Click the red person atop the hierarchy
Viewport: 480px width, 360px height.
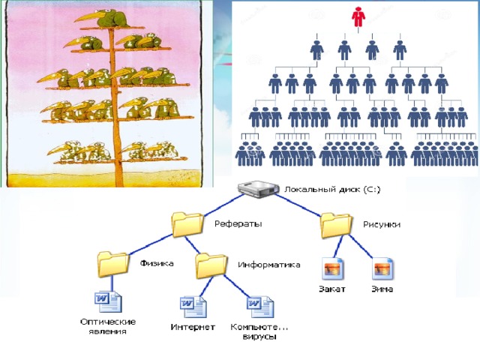pyautogui.click(x=357, y=16)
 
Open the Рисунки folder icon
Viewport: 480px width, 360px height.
pyautogui.click(x=336, y=225)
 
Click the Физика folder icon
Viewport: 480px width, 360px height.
pyautogui.click(x=113, y=264)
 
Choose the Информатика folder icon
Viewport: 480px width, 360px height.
pyautogui.click(x=211, y=265)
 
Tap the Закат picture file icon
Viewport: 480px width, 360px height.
pyautogui.click(x=333, y=268)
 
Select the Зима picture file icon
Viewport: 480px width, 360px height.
pyautogui.click(x=383, y=268)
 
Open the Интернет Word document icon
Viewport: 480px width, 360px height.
pyautogui.click(x=193, y=307)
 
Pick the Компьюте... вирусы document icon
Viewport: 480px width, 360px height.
pyautogui.click(x=259, y=307)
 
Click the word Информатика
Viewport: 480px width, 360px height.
pyautogui.click(x=269, y=264)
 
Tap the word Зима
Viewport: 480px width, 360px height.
pyautogui.click(x=383, y=289)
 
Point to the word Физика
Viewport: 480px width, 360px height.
pyautogui.click(x=157, y=263)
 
